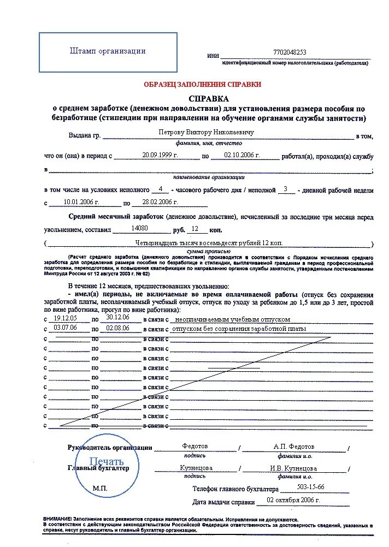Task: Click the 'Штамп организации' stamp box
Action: tap(108, 52)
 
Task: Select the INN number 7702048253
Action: tap(290, 52)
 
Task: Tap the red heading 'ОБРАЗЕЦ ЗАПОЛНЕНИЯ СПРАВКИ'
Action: tap(202, 85)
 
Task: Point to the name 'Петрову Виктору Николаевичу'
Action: tap(206, 132)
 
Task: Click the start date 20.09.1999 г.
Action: tap(160, 155)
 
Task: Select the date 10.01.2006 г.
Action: tap(81, 201)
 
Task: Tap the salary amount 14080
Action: tap(140, 229)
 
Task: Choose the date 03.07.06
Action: tap(65, 328)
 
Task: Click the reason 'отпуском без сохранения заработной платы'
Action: tap(239, 329)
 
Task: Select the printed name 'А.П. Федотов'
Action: tap(294, 447)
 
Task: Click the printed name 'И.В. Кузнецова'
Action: tap(293, 468)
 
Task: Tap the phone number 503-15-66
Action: tap(310, 486)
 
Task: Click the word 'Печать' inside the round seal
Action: tap(107, 462)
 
